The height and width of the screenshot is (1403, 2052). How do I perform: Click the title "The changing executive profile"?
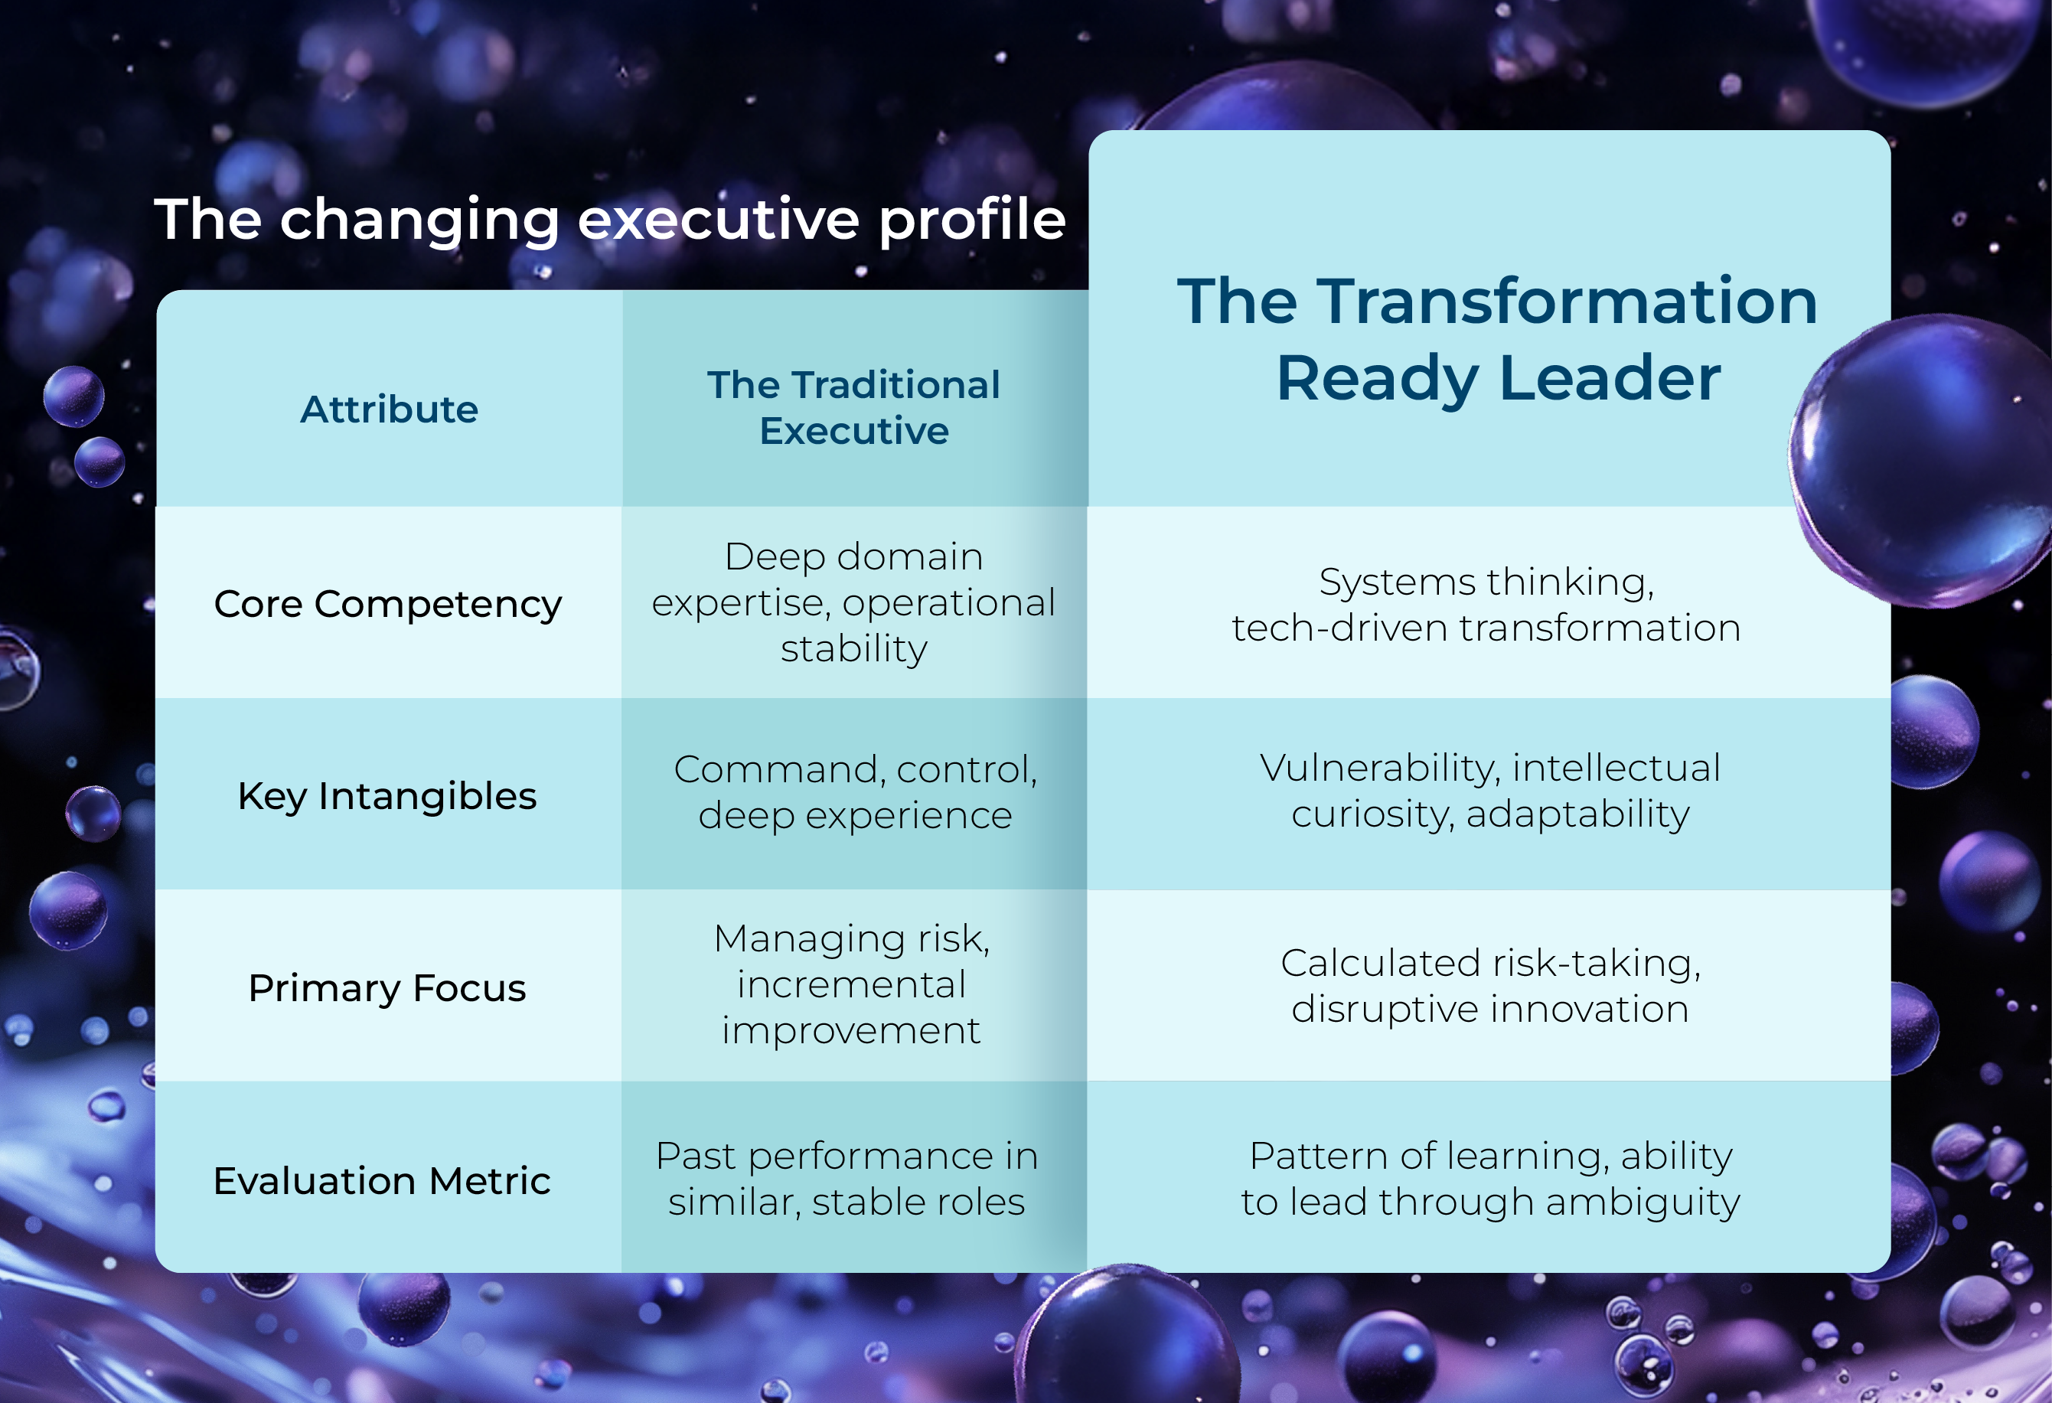click(x=610, y=220)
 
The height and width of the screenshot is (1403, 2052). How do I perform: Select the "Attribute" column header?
click(x=389, y=409)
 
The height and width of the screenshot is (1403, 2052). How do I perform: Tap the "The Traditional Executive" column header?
click(x=854, y=407)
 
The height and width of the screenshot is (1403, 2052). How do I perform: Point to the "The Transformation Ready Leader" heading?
click(x=1498, y=340)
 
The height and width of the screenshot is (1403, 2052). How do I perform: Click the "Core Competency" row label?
click(x=387, y=604)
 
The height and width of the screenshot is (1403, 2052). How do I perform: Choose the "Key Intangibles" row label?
click(x=387, y=795)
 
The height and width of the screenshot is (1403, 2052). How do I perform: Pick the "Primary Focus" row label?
click(x=387, y=988)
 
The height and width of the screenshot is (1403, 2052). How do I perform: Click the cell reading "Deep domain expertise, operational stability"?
click(x=854, y=602)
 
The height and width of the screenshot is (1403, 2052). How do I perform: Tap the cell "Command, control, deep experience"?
click(x=855, y=792)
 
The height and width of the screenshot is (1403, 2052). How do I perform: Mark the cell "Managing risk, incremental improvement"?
click(x=851, y=984)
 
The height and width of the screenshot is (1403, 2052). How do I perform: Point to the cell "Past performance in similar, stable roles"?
click(x=847, y=1179)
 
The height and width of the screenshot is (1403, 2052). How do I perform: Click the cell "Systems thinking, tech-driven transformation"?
click(x=1487, y=605)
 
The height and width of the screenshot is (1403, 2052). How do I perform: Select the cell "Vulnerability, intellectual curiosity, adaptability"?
click(x=1490, y=790)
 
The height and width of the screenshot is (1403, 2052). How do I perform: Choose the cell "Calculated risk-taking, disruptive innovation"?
click(x=1490, y=985)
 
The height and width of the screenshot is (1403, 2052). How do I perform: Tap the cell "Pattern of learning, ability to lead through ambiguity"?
click(x=1490, y=1179)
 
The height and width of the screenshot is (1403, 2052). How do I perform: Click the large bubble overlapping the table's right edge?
click(x=1925, y=459)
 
